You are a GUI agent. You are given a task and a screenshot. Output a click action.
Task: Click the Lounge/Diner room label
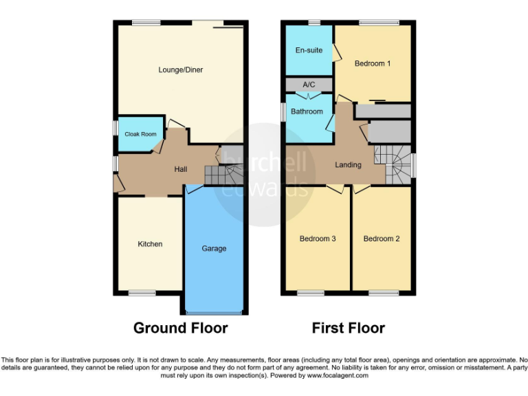(x=180, y=70)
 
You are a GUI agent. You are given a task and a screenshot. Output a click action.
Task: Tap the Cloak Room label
(x=140, y=134)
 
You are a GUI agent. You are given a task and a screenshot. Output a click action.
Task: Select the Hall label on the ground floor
(x=181, y=169)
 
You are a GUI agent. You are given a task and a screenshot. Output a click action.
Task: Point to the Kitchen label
(x=150, y=244)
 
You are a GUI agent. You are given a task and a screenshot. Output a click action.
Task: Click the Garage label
(x=214, y=248)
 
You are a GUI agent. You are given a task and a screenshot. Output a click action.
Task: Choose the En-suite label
(x=309, y=50)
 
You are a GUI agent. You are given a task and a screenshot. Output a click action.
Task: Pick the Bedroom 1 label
(x=373, y=64)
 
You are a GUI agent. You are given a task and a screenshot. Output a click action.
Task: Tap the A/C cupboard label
(x=309, y=85)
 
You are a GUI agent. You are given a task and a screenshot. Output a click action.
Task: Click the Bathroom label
(x=307, y=111)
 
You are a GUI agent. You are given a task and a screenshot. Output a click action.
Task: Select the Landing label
(x=348, y=165)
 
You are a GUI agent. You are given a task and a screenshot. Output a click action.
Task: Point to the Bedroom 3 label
(x=317, y=239)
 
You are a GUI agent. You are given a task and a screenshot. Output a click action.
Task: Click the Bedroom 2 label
(x=382, y=239)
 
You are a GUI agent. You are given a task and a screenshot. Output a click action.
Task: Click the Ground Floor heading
(x=180, y=328)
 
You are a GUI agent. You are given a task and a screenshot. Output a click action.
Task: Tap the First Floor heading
(x=348, y=328)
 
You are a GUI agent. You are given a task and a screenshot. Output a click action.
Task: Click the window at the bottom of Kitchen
(x=142, y=294)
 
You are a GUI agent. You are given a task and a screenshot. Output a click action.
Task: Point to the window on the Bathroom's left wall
(x=283, y=112)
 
